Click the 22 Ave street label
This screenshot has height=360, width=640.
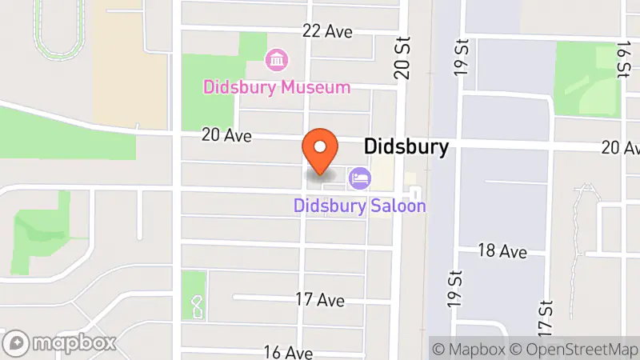[x=327, y=31]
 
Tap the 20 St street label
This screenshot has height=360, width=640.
[x=402, y=58]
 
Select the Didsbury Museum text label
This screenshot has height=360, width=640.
[x=277, y=87]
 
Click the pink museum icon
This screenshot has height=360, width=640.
[x=277, y=58]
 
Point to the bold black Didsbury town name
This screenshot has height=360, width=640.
[x=406, y=147]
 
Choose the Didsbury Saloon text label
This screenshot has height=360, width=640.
[x=359, y=206]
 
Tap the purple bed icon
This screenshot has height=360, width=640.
[x=359, y=178]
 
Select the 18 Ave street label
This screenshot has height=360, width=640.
[x=502, y=251]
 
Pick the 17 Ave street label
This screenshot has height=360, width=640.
[x=320, y=300]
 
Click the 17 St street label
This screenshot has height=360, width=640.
[x=546, y=318]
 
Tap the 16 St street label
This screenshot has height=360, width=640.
[x=622, y=60]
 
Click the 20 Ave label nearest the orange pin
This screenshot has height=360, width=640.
[x=227, y=135]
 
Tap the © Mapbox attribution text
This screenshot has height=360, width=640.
[x=470, y=349]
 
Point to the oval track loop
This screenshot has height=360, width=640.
[x=60, y=28]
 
